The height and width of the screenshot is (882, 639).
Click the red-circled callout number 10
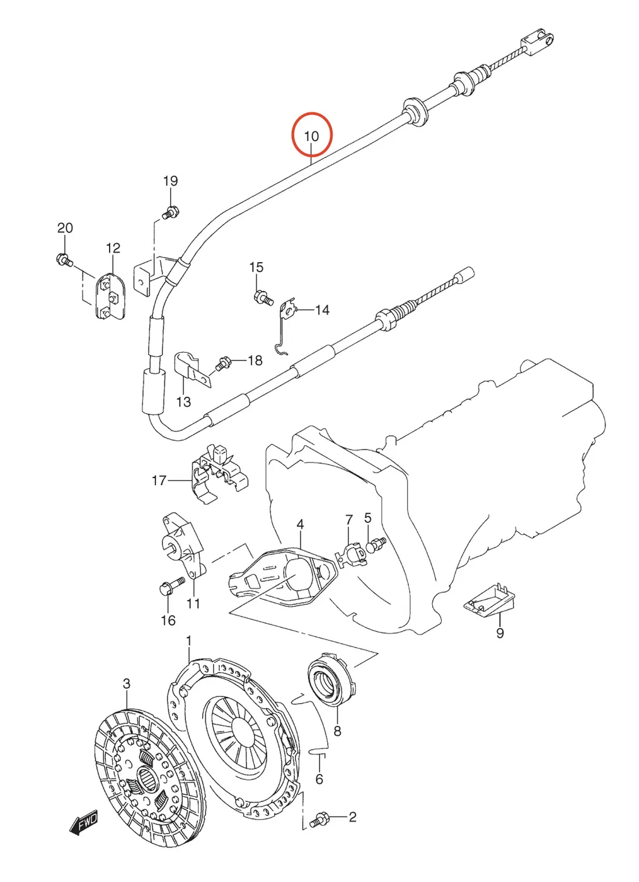(311, 135)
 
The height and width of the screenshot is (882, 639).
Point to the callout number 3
(127, 684)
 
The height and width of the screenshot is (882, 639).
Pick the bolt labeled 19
(171, 212)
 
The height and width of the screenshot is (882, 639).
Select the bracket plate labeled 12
(111, 295)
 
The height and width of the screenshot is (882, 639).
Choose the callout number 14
(322, 310)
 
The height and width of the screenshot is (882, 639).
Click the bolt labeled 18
(223, 364)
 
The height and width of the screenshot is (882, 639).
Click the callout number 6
(319, 779)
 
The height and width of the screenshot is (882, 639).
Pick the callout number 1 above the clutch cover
(188, 641)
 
